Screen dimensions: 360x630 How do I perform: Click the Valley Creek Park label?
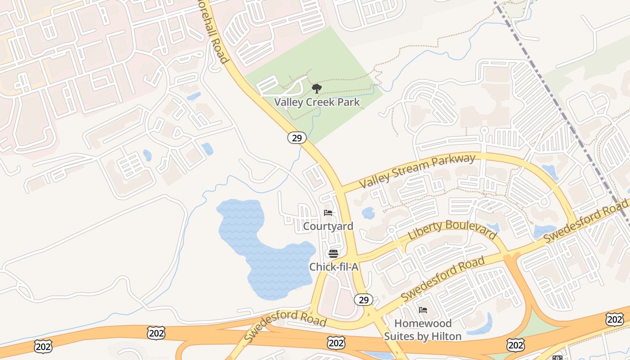click(317, 102)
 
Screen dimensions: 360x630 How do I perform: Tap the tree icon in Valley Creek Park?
click(317, 88)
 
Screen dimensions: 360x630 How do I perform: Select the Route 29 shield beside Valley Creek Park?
click(297, 138)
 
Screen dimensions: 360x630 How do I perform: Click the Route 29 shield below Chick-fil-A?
click(363, 299)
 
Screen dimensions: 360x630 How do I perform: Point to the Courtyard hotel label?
click(328, 226)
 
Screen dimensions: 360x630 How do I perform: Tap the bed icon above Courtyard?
click(328, 213)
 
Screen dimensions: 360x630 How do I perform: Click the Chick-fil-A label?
click(333, 267)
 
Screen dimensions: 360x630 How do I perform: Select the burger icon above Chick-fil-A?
click(333, 253)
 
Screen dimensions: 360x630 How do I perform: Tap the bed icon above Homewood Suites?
click(423, 310)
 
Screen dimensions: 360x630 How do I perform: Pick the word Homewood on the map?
click(423, 323)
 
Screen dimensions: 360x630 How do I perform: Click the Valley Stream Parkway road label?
click(417, 171)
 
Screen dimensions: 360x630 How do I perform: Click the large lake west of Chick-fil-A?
click(265, 252)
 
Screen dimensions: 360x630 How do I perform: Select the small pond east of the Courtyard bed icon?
click(368, 213)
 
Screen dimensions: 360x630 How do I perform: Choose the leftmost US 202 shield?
click(43, 346)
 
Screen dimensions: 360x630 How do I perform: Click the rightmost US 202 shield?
click(615, 319)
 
